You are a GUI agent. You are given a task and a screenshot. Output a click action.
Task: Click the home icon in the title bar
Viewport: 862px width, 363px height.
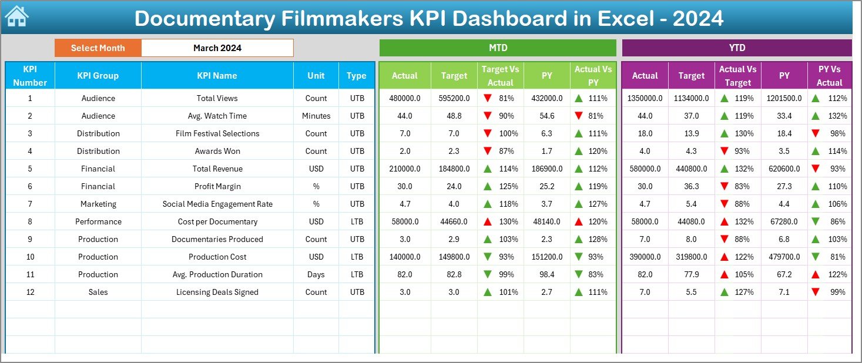[x=16, y=16]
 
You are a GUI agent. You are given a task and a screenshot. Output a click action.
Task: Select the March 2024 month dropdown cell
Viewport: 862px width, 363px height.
[x=217, y=48]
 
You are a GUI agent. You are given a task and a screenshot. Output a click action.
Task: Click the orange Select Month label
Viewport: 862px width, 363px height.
[x=98, y=48]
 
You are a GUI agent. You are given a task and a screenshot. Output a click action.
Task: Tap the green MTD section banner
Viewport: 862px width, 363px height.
[x=498, y=48]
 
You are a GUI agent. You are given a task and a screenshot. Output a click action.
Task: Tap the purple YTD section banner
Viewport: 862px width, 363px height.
[x=737, y=48]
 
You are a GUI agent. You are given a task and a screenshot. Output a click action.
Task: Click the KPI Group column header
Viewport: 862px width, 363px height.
[x=98, y=76]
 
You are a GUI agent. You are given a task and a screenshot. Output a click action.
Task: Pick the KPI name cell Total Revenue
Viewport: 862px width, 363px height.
[x=217, y=169]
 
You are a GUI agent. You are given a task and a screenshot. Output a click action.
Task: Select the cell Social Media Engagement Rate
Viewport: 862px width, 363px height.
[x=217, y=204]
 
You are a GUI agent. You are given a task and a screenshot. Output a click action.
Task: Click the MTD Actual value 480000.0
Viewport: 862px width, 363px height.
[x=405, y=98]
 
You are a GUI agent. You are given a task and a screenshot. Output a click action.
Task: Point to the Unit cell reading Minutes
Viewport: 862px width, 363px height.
[x=316, y=116]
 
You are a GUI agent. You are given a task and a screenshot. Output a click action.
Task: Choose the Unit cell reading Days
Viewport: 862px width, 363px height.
[x=316, y=274]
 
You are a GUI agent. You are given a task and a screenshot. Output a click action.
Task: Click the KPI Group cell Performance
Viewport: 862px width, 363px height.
[x=98, y=221]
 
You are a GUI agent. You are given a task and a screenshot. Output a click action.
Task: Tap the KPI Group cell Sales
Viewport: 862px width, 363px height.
[x=98, y=292]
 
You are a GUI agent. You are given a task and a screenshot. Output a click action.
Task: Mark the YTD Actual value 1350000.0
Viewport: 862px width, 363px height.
[x=645, y=98]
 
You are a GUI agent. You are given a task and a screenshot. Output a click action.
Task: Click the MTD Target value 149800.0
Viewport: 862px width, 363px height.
[x=454, y=257]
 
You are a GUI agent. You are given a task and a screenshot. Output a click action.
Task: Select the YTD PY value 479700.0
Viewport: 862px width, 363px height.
[x=784, y=257]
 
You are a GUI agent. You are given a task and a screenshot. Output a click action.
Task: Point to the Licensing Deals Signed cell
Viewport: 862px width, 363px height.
[x=217, y=292]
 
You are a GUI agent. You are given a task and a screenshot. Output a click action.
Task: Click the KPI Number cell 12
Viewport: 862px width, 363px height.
[x=30, y=292]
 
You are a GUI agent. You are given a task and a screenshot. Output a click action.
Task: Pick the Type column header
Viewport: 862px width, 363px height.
[x=357, y=76]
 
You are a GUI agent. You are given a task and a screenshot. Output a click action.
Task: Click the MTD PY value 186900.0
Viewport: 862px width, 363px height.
[x=547, y=169]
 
